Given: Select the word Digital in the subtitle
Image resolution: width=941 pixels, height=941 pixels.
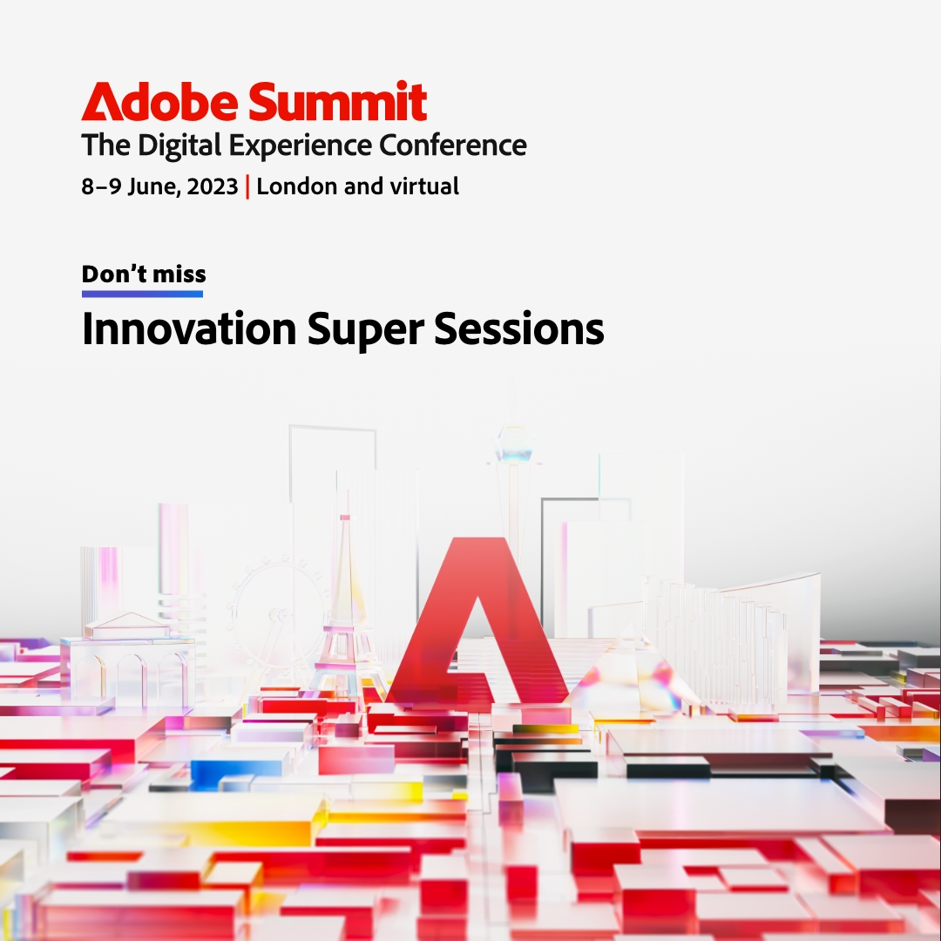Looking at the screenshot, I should pos(181,146).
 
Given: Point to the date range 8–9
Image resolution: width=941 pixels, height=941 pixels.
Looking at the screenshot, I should pos(102,186).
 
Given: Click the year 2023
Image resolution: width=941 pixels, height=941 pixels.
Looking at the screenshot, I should pos(211,186).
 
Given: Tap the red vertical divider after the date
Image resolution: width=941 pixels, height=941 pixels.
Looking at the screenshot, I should pos(247,186).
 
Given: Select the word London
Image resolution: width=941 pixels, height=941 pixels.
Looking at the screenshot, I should pos(296,186).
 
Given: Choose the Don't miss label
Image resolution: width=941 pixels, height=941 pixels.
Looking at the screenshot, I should pos(144,274).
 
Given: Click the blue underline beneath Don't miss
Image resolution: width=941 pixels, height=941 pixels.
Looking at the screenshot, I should pos(142,294).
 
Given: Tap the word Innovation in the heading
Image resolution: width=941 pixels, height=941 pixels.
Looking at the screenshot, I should pos(188,329).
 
